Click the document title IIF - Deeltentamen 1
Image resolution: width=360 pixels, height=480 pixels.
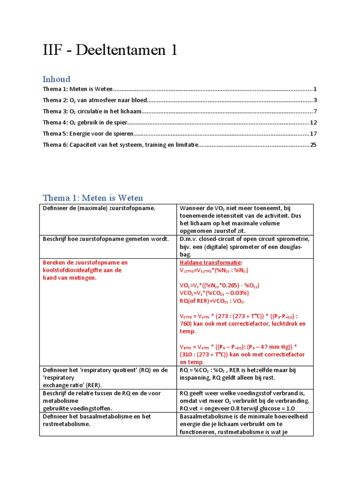click(x=110, y=51)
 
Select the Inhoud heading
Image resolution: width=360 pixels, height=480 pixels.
click(x=56, y=79)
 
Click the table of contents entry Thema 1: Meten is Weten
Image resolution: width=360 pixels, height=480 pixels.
click(x=77, y=89)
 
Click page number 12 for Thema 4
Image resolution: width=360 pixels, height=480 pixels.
click(x=314, y=122)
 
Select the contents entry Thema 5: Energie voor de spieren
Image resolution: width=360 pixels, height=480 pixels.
click(x=85, y=134)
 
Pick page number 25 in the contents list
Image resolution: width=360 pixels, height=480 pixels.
click(x=313, y=145)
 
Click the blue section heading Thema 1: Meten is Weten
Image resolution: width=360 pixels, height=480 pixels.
click(x=93, y=198)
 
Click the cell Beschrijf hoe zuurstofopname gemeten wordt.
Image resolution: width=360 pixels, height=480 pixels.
click(x=105, y=239)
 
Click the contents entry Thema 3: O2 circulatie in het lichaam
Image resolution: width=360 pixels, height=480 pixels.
click(x=92, y=112)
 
